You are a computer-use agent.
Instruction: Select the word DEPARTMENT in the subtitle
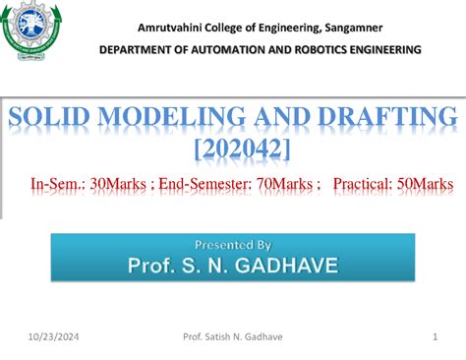point(146,49)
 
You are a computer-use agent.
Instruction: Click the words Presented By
point(233,244)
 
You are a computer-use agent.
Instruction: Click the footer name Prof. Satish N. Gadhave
point(233,337)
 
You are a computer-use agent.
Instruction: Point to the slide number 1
point(434,337)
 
